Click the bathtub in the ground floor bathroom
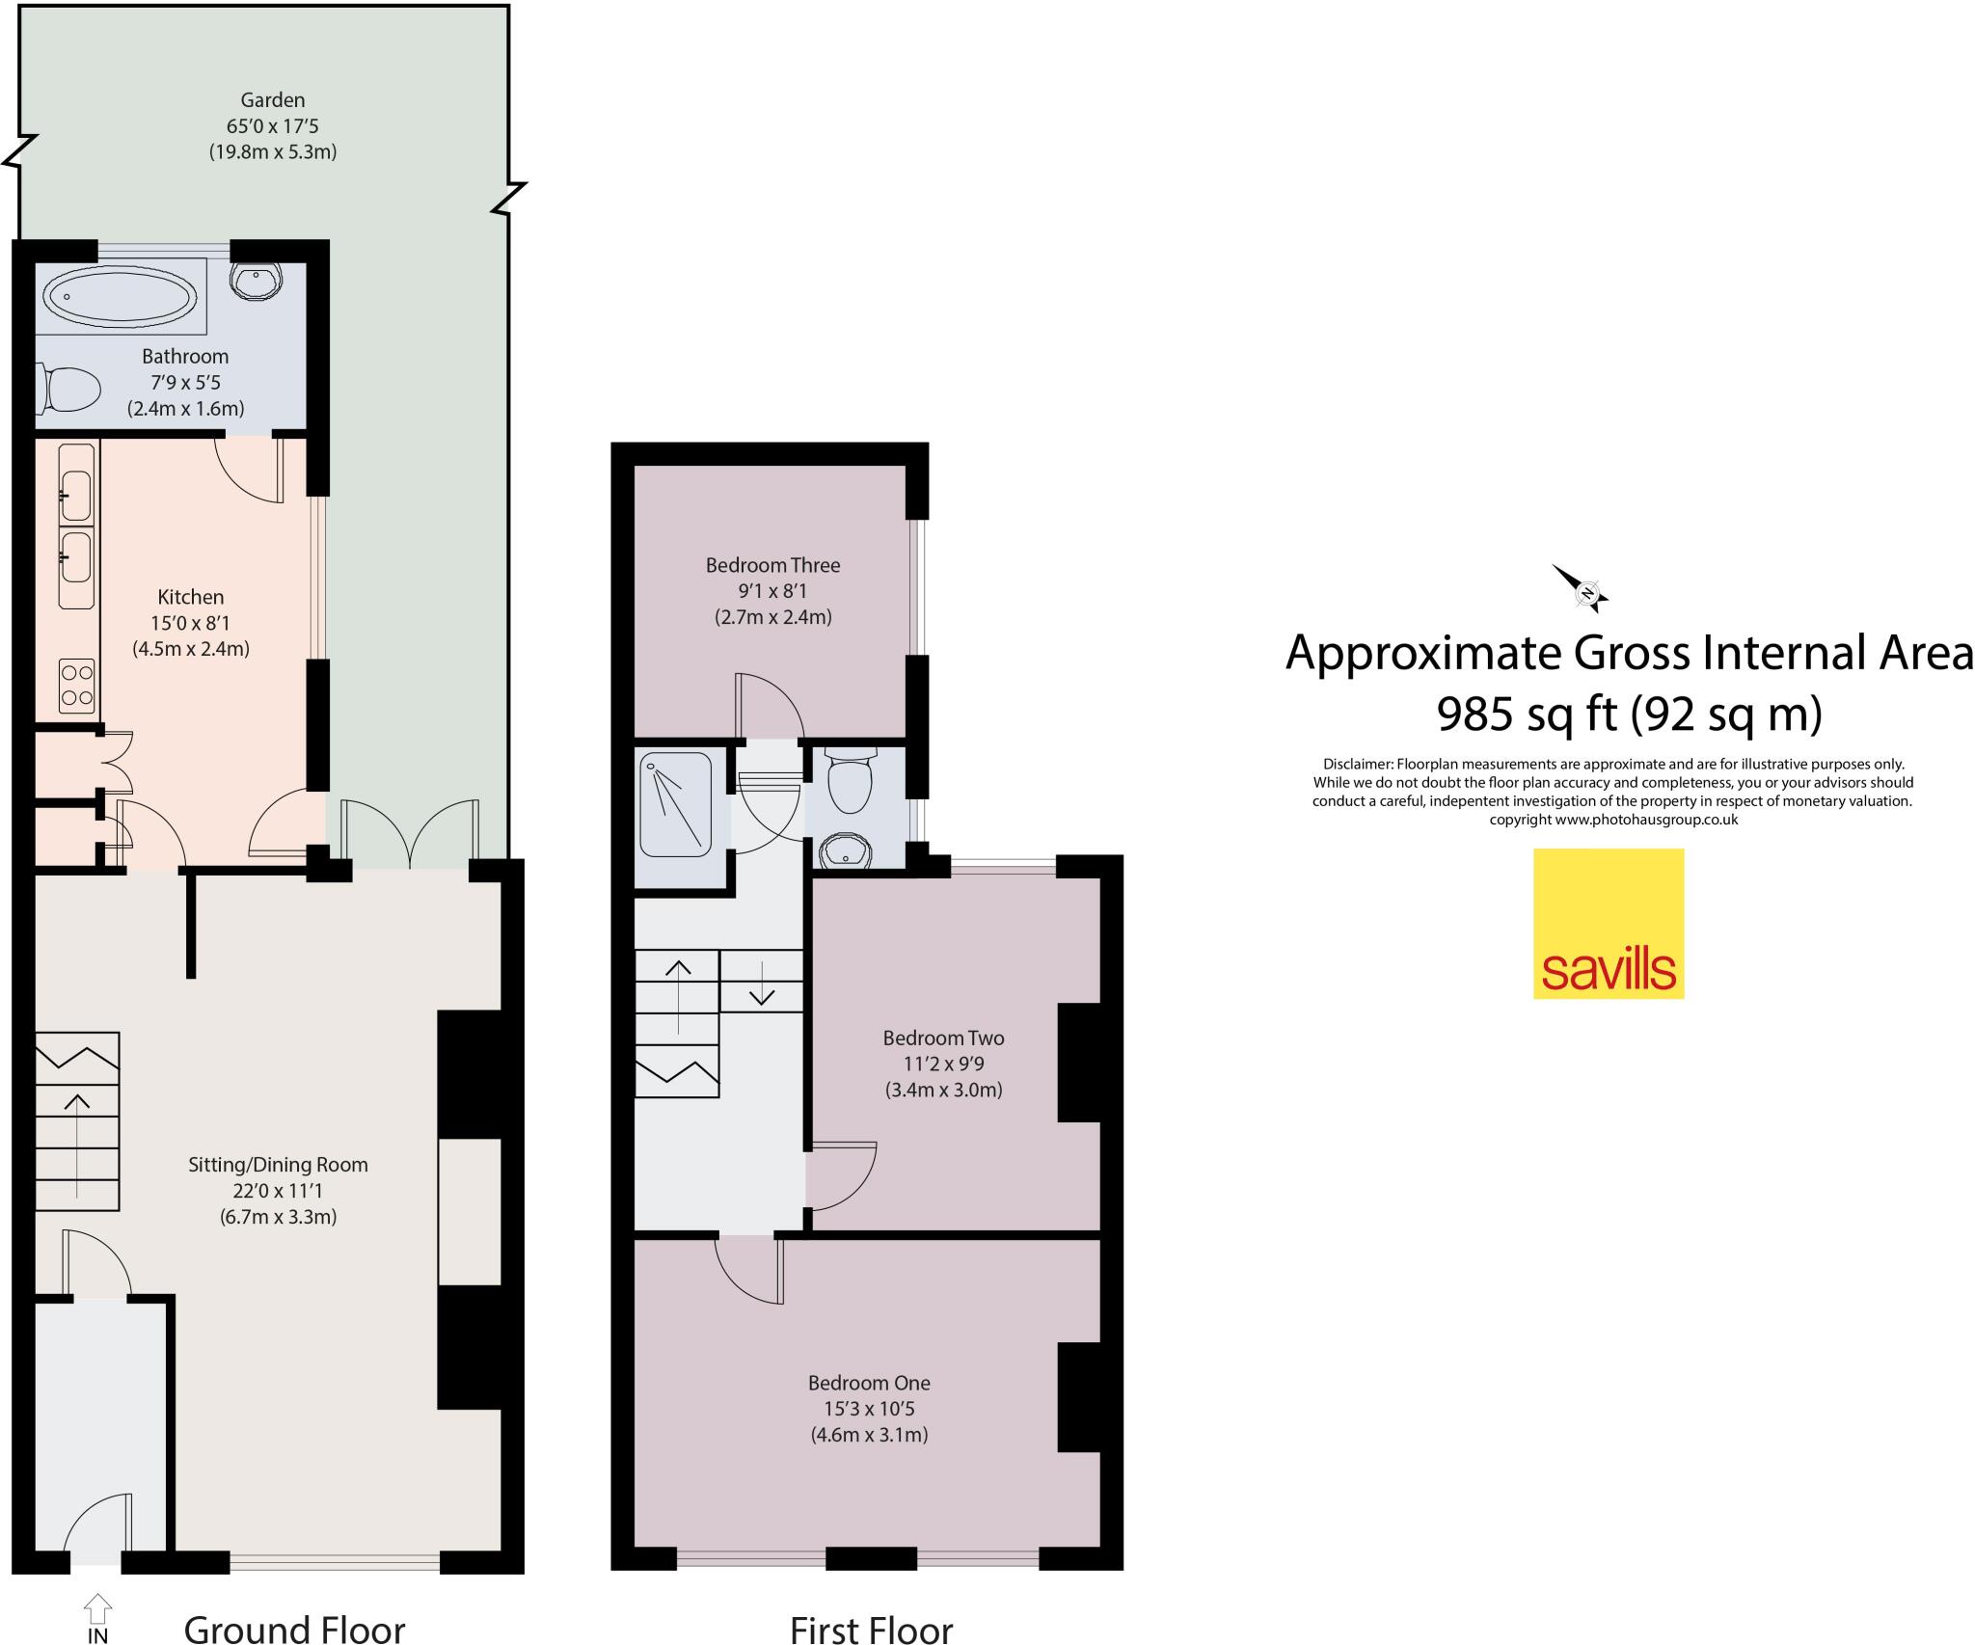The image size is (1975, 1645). coord(120,294)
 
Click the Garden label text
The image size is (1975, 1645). coord(272,100)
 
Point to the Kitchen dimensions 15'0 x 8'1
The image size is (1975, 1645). coord(190,623)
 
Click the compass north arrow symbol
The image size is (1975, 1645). coord(1582,589)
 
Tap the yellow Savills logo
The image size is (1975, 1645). coord(1608,923)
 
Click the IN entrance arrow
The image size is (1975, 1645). coord(97,1611)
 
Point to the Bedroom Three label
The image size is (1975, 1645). coord(772,565)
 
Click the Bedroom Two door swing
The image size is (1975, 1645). coord(841,1177)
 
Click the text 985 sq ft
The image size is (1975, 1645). coord(1527,715)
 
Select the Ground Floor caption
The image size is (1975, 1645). coord(294,1629)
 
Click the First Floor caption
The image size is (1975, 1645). coord(870,1629)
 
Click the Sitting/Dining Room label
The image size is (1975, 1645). coord(278,1164)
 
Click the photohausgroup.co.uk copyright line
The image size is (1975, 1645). coord(1613,820)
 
